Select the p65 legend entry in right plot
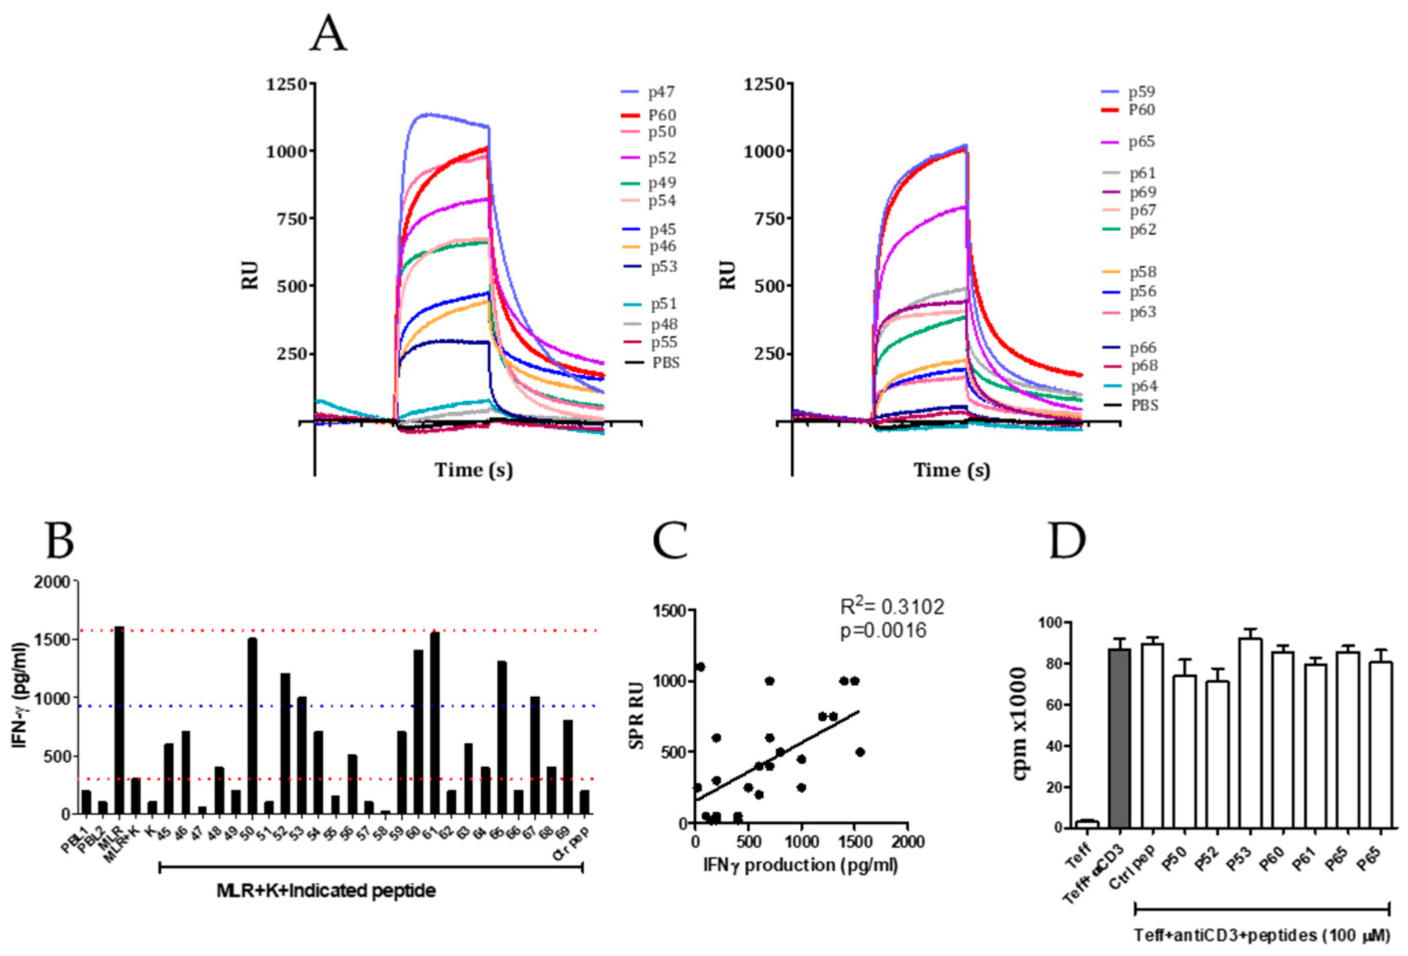(1141, 142)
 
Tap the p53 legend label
(663, 267)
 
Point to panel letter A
(329, 35)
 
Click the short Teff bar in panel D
(1087, 824)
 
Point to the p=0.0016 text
(883, 631)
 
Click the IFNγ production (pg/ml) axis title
(800, 865)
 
